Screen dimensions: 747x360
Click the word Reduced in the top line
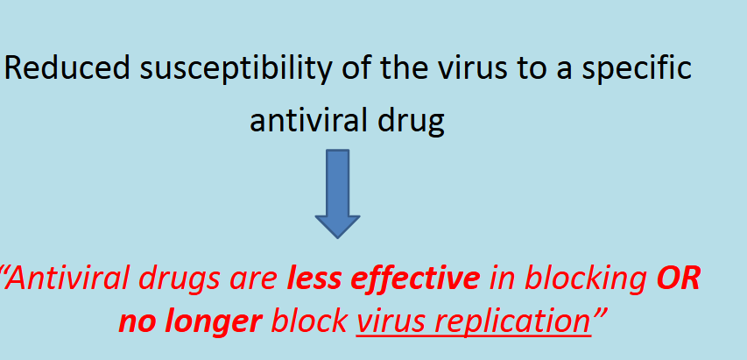(67, 68)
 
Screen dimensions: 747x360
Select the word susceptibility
(236, 70)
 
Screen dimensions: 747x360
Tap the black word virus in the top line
(473, 68)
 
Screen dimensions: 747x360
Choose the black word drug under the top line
(411, 124)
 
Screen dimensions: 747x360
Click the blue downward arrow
(338, 194)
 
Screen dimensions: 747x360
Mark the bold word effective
(415, 279)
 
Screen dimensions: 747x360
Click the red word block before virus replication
(308, 321)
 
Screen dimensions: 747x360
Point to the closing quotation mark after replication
(600, 314)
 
